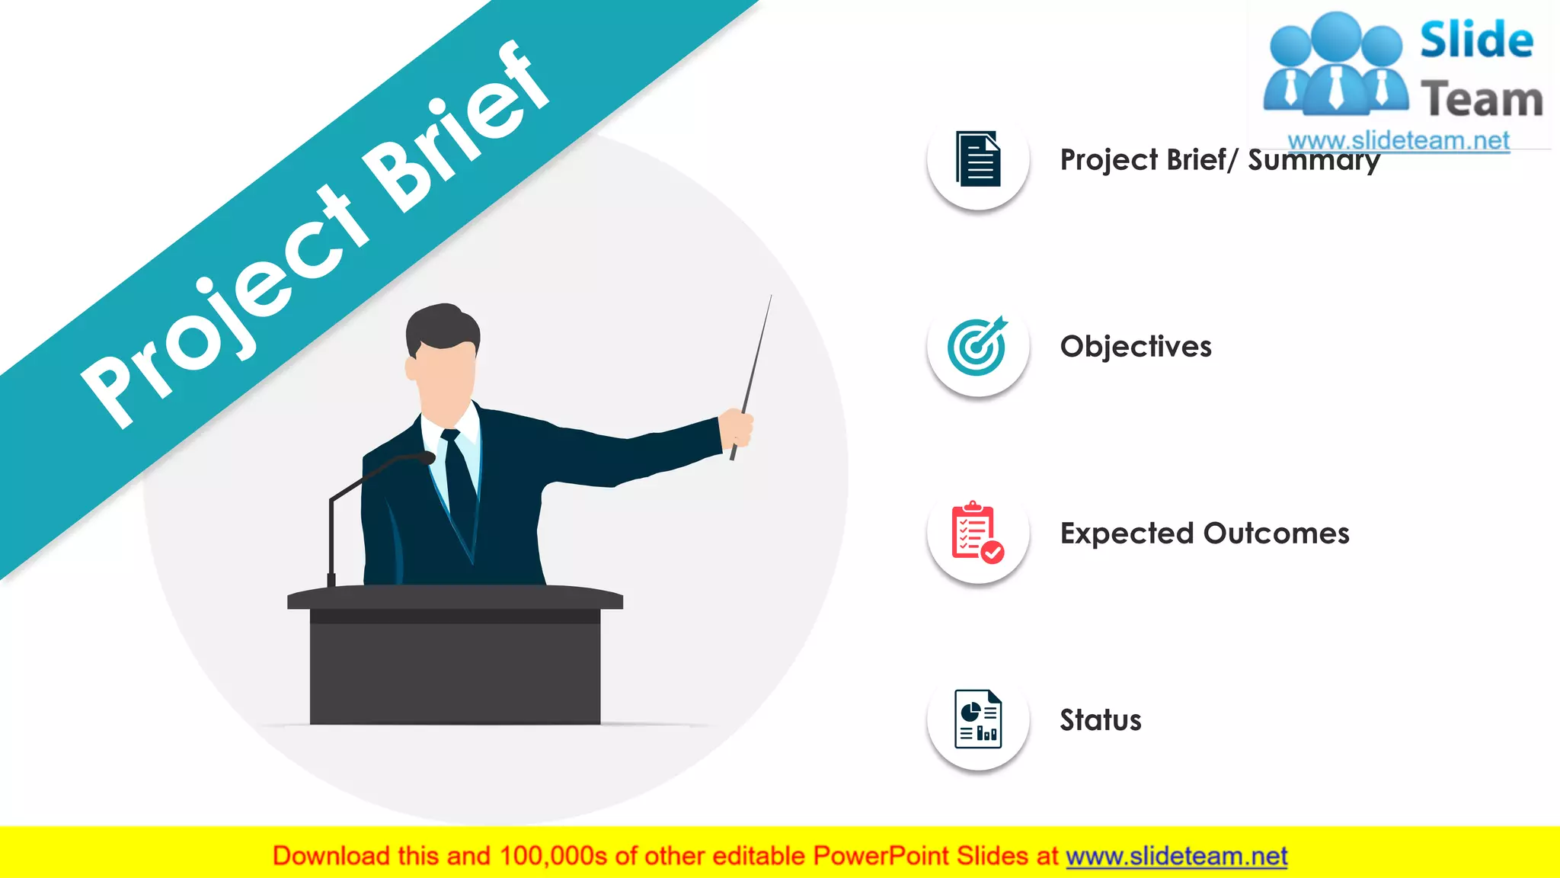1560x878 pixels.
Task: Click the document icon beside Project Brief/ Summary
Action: click(x=978, y=159)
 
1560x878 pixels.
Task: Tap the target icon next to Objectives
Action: click(x=978, y=346)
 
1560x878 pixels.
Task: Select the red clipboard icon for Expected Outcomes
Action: click(x=977, y=532)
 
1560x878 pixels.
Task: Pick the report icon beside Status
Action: click(x=978, y=719)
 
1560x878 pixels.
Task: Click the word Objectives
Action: click(x=1135, y=347)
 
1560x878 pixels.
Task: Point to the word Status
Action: click(x=1100, y=720)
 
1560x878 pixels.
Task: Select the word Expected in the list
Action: click(x=1127, y=534)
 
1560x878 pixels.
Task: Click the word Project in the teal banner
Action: click(x=229, y=305)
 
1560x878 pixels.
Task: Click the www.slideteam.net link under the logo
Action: click(x=1398, y=141)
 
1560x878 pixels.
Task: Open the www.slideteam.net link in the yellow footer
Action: click(x=1176, y=857)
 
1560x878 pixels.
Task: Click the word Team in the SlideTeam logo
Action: click(x=1482, y=100)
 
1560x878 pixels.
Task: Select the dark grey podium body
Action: click(x=455, y=671)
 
